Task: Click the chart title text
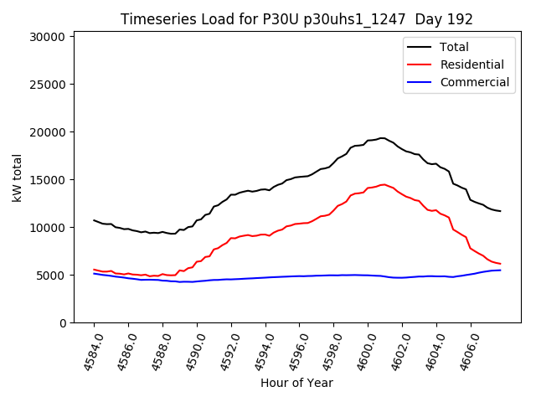296,19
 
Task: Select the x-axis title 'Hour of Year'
296,383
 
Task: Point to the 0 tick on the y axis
62,323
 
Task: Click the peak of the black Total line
382,138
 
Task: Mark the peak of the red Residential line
384,184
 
